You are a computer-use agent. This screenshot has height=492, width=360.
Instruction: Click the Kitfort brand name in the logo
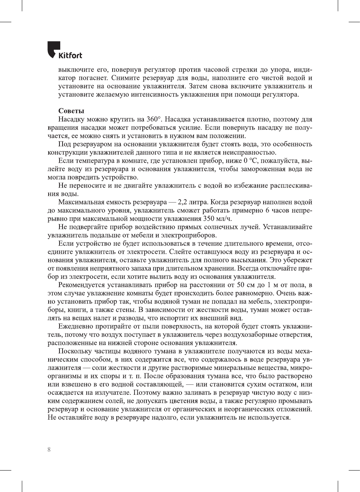[x=70, y=55]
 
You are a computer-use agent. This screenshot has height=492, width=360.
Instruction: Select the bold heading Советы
[x=71, y=111]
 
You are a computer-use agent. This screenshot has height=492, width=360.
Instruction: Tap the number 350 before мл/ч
[x=209, y=219]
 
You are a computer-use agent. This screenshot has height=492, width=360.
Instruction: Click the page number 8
[x=49, y=449]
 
